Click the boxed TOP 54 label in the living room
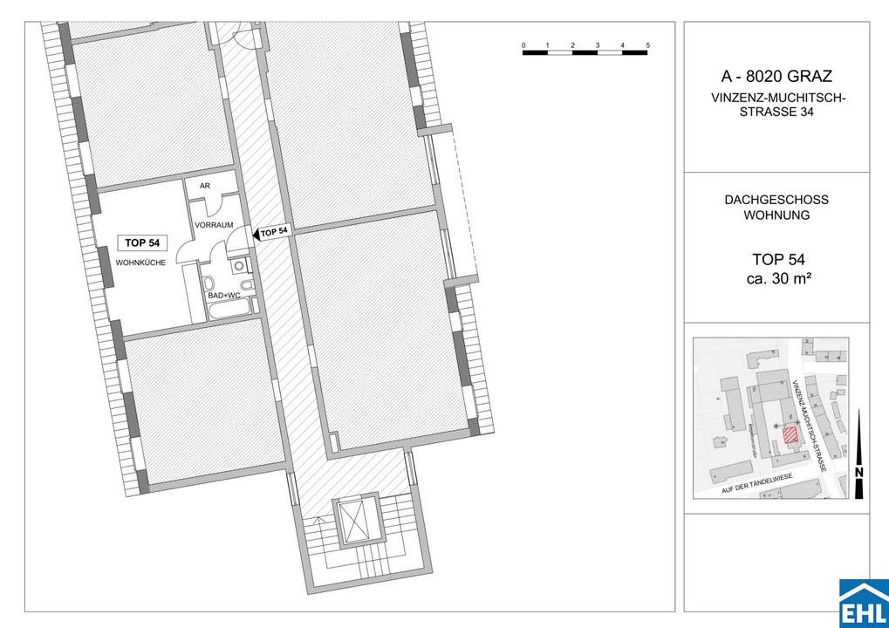pyautogui.click(x=141, y=243)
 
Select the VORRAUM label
pyautogui.click(x=214, y=225)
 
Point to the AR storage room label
pyautogui.click(x=205, y=187)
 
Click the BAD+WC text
pyautogui.click(x=223, y=296)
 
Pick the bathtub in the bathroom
pyautogui.click(x=229, y=308)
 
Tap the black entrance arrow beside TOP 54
pyautogui.click(x=256, y=234)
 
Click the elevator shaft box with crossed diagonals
pyautogui.click(x=354, y=524)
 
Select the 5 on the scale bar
pyautogui.click(x=648, y=44)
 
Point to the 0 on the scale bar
pyautogui.click(x=523, y=44)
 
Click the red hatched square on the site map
pyautogui.click(x=790, y=436)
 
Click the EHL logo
pyautogui.click(x=863, y=603)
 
